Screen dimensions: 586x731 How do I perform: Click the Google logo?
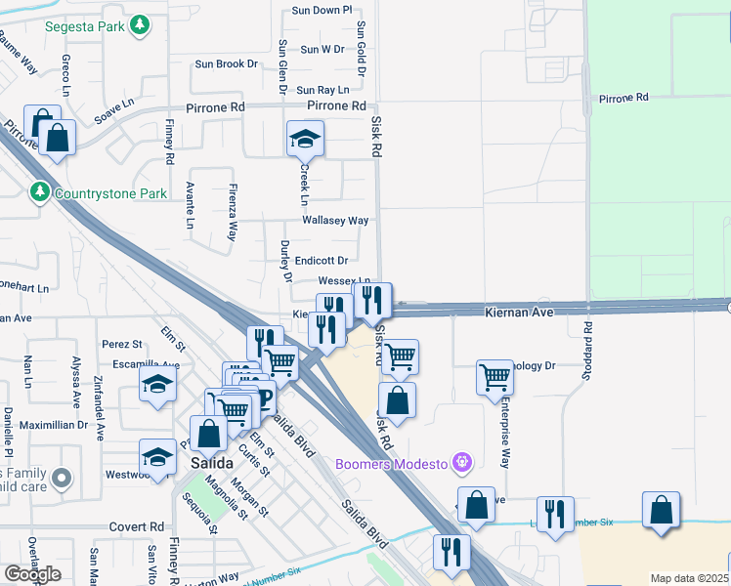point(32,573)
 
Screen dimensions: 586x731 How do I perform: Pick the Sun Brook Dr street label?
point(226,64)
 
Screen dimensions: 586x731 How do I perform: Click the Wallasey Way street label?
point(335,221)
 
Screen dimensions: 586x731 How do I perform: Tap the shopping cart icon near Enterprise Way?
point(495,376)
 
